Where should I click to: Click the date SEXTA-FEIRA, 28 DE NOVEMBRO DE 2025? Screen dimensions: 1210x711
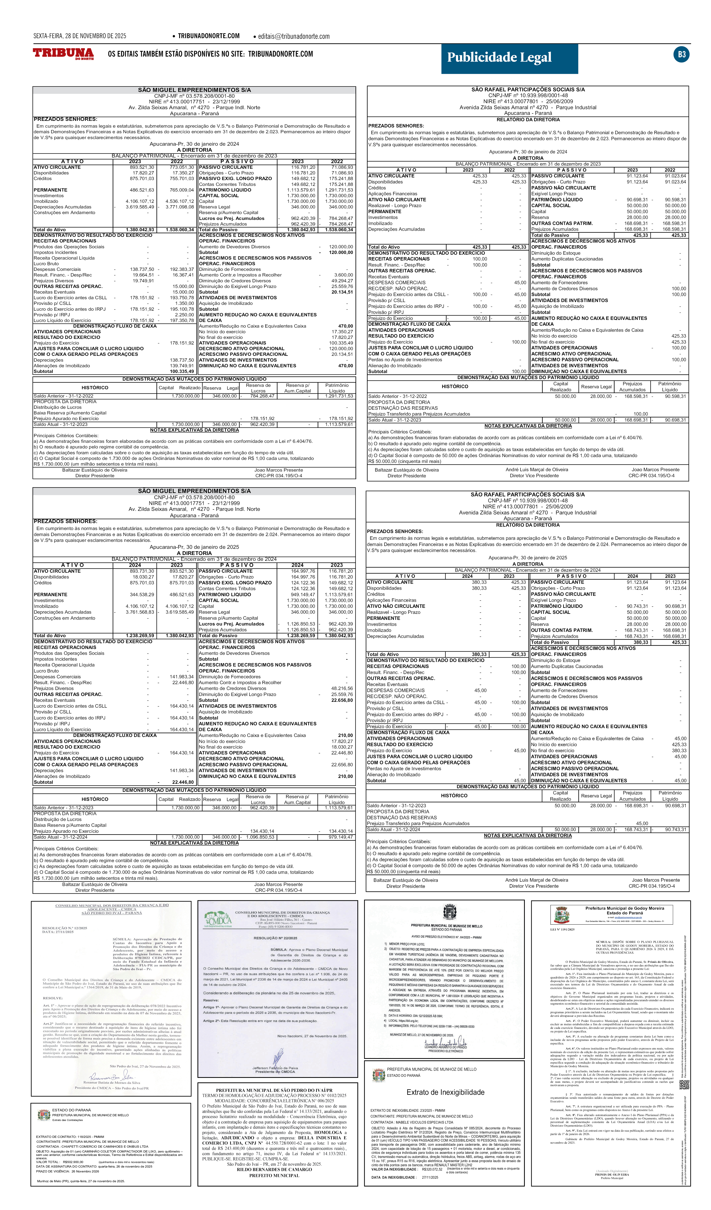(80, 36)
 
